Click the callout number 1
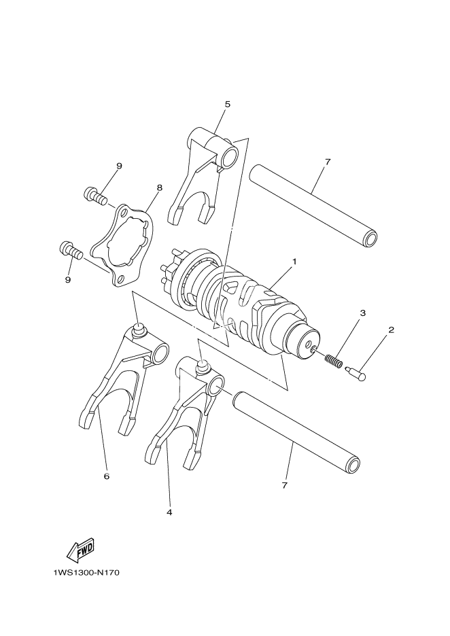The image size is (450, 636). tap(295, 261)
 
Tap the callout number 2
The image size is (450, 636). tap(391, 330)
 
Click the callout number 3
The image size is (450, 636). tap(363, 313)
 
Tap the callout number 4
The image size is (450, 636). tap(169, 512)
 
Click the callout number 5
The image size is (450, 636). tap(227, 104)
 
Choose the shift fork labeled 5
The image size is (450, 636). tap(204, 177)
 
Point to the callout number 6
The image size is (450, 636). tap(107, 476)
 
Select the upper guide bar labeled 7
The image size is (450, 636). tap(313, 204)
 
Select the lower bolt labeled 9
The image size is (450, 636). tap(70, 251)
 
